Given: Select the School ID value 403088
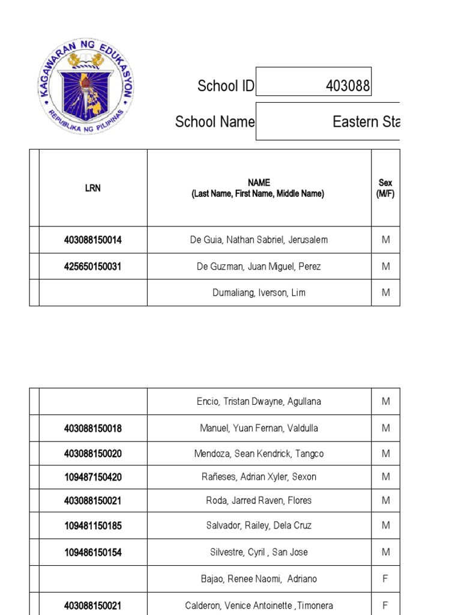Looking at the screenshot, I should click(348, 86).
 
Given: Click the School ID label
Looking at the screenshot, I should click(226, 86).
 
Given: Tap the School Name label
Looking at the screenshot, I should click(214, 122).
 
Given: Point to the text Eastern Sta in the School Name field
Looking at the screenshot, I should click(366, 122).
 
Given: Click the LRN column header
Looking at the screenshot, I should click(93, 188).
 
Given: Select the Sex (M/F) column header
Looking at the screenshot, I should click(385, 188).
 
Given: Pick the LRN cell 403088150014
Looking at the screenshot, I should click(93, 240).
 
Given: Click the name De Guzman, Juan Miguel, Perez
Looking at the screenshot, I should click(259, 267).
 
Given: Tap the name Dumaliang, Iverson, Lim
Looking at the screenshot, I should click(259, 293).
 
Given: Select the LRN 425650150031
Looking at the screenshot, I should click(93, 267).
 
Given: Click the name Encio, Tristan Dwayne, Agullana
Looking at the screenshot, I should click(259, 402).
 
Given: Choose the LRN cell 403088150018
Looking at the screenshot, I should click(93, 429).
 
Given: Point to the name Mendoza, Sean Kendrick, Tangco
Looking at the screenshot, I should click(259, 453).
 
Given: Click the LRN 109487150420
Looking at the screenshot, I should click(93, 477).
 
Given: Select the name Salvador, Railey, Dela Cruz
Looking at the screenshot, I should click(259, 526).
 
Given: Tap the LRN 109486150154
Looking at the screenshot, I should click(93, 553).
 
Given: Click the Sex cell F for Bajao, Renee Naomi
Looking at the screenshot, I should click(385, 579).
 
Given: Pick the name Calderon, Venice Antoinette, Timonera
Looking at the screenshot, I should click(259, 605).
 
